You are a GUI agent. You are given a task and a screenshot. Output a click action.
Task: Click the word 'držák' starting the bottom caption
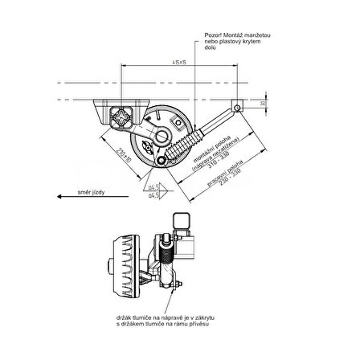[x=124, y=320]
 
